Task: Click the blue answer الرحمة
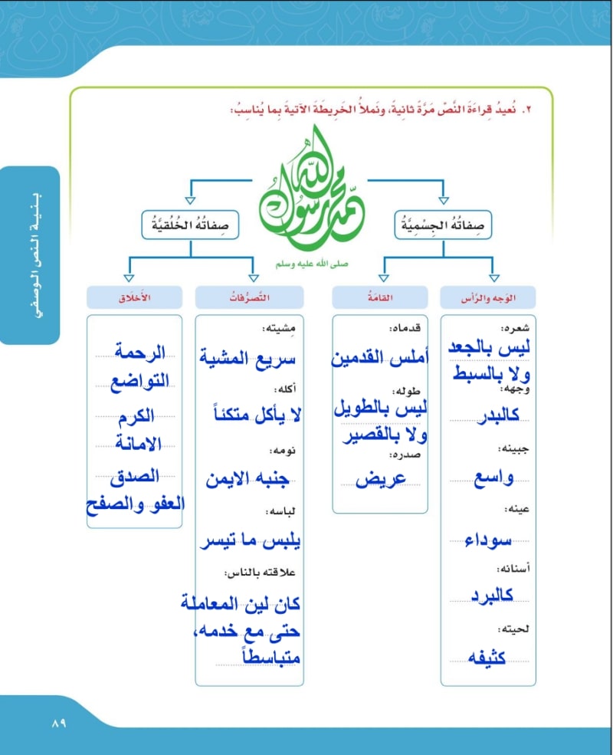(139, 353)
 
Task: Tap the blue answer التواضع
(138, 383)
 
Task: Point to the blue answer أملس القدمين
(380, 358)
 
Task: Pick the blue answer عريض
(380, 478)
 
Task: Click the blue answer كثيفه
(488, 656)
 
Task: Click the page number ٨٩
(60, 723)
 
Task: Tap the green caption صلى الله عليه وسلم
(311, 263)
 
